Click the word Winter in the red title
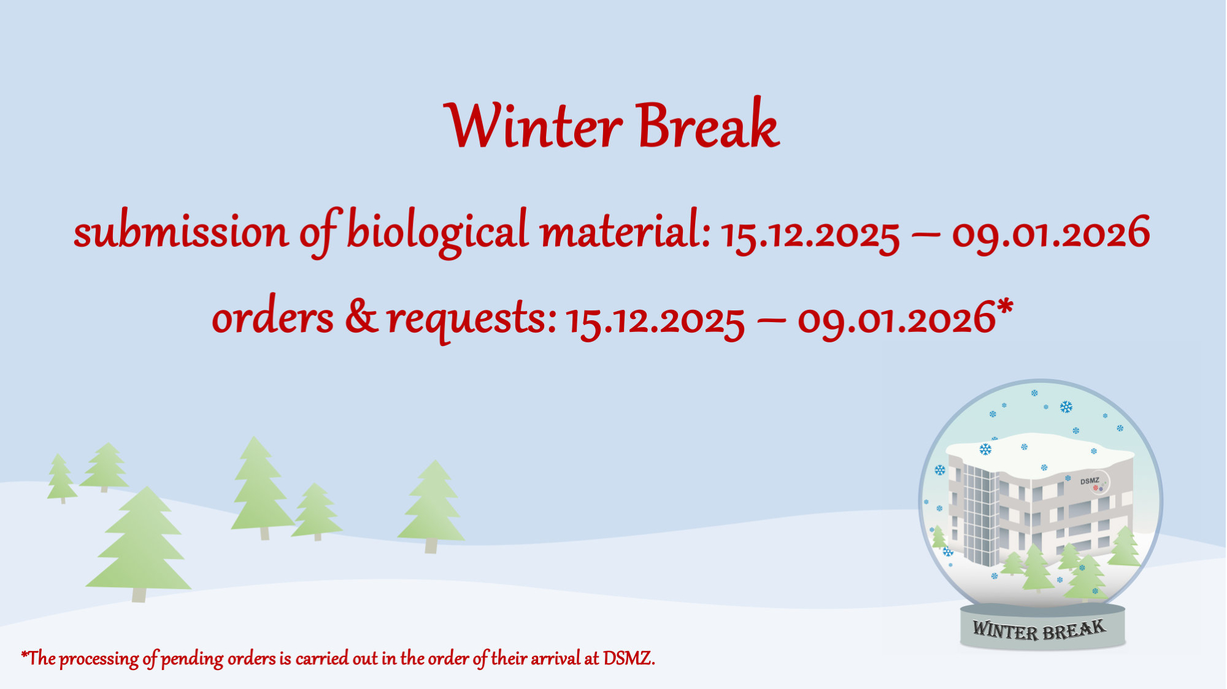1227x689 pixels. pyautogui.click(x=533, y=125)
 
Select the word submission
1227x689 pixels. pyautogui.click(x=180, y=231)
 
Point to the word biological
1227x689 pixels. pyautogui.click(x=437, y=232)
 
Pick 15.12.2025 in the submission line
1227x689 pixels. pyautogui.click(x=810, y=234)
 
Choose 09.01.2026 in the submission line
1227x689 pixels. pyautogui.click(x=1050, y=233)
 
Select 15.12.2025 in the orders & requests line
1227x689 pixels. pyautogui.click(x=655, y=320)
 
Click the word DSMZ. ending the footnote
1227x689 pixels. pyautogui.click(x=629, y=658)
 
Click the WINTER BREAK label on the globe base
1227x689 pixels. pyautogui.click(x=1039, y=629)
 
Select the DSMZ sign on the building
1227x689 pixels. pyautogui.click(x=1090, y=481)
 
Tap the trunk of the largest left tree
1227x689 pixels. pyautogui.click(x=139, y=595)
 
